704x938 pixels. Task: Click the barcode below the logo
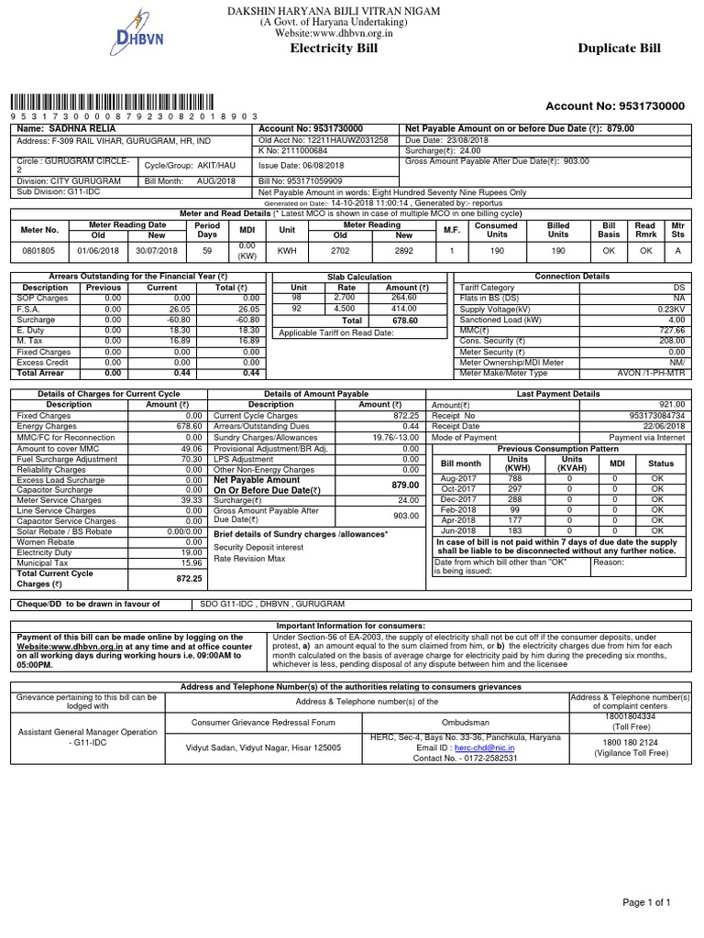pos(113,103)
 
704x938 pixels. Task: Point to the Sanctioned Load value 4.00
pos(676,320)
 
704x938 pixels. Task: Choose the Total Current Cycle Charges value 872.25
pos(189,579)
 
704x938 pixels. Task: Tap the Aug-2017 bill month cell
pos(459,478)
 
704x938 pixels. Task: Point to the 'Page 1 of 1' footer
pos(647,902)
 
